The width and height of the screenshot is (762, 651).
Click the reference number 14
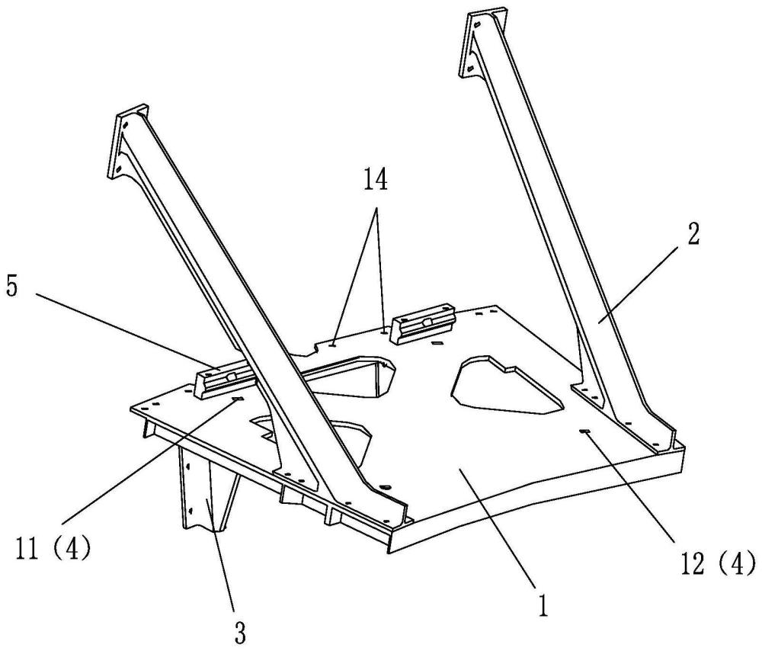point(375,181)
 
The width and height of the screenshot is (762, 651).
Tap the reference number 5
point(11,287)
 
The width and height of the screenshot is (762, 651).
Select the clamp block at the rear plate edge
point(424,323)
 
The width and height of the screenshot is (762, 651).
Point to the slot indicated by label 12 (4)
point(585,431)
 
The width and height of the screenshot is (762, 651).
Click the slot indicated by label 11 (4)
point(238,399)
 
